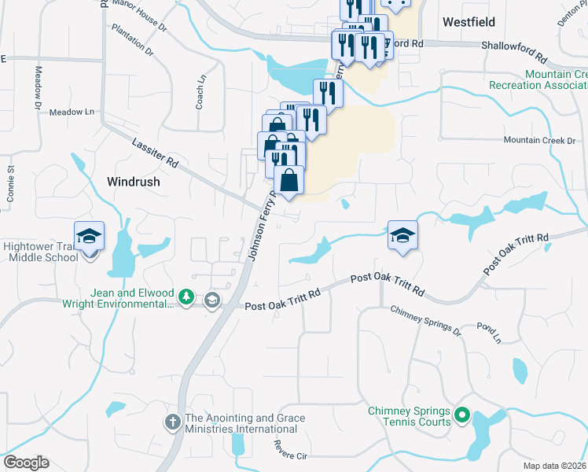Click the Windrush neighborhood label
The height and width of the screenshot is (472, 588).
[x=133, y=181]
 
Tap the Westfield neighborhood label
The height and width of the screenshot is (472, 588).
[x=469, y=21]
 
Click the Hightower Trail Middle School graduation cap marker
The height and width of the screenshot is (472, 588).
[x=89, y=236]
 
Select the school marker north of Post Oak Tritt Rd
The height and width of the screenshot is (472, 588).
[x=402, y=234]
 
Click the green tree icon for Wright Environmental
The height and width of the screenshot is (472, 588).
[x=186, y=297]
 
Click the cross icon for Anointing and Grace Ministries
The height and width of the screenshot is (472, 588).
[x=173, y=422]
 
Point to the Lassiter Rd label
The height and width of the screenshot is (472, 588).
[x=155, y=149]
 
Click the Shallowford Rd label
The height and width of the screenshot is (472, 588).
[x=513, y=52]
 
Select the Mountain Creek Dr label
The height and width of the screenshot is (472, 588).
[x=539, y=140]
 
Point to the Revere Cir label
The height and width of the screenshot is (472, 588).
[x=288, y=447]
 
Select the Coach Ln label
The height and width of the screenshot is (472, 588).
[x=200, y=92]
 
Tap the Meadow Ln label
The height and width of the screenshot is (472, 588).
[x=72, y=112]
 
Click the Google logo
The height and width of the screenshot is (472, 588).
[x=26, y=463]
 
